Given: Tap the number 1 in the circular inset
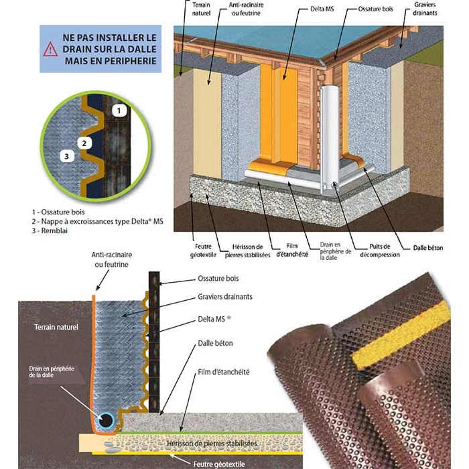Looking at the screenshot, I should click(118, 109).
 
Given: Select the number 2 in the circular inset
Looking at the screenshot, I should click(84, 142).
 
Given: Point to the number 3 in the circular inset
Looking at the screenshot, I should click(66, 156).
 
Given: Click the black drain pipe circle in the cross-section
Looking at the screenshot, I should click(106, 420).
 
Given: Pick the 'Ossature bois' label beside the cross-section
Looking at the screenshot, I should click(218, 278).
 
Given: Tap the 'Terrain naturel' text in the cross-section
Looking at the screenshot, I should click(56, 328).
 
